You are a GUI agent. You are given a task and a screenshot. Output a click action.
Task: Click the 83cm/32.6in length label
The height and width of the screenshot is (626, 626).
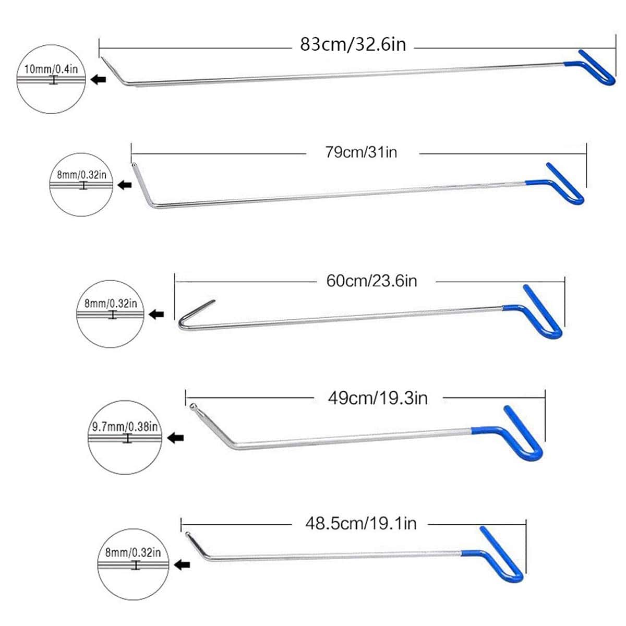click(353, 44)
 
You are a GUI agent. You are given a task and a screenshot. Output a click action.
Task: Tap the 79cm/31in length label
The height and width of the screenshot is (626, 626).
click(362, 152)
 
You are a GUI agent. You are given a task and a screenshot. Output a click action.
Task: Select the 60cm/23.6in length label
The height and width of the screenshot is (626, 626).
click(371, 281)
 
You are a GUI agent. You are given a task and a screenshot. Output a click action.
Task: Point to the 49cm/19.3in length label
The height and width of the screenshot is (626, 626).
click(377, 398)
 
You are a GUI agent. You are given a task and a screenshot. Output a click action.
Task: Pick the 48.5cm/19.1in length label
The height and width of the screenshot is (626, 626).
click(360, 523)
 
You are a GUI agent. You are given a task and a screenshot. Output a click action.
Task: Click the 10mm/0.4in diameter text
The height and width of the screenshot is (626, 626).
click(51, 69)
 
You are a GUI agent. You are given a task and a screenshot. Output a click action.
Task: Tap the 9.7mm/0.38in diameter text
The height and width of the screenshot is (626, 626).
click(125, 426)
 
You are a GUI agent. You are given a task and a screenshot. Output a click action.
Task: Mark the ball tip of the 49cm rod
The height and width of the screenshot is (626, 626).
click(194, 406)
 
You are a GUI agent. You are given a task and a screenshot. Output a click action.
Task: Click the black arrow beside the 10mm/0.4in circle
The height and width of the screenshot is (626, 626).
click(98, 79)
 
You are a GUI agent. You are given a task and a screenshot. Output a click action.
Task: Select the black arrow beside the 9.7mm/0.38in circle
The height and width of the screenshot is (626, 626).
click(176, 438)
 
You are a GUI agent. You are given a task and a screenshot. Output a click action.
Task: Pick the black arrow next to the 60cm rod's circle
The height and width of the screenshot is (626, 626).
click(156, 314)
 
